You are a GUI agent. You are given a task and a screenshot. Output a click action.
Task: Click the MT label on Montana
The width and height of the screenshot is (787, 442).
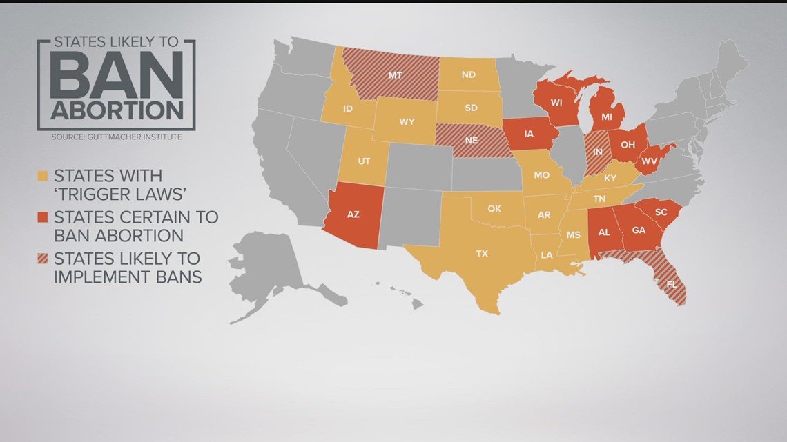point(395,74)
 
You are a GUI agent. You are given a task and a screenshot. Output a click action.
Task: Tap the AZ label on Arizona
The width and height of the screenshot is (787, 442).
point(353,214)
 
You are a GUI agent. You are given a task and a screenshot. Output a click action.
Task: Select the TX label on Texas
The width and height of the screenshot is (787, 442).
point(482,254)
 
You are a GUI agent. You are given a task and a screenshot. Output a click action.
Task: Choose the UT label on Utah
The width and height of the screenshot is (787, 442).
point(364,161)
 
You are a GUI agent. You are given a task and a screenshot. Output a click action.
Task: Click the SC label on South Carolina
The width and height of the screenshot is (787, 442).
point(661,212)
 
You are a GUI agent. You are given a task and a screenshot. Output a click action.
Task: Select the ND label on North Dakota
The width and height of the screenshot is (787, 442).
point(469,74)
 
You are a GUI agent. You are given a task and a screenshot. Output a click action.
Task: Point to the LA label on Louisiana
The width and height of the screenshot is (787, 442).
point(547,255)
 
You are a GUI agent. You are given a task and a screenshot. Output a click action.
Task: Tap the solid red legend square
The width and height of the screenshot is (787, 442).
point(42,217)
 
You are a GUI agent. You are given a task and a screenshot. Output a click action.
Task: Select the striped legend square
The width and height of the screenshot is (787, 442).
point(42,259)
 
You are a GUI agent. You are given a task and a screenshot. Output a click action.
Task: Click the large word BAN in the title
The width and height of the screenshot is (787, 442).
point(117,75)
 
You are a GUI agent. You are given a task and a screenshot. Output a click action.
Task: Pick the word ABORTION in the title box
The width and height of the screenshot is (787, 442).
point(116,110)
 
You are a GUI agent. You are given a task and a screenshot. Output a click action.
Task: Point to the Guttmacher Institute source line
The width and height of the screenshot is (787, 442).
point(116,137)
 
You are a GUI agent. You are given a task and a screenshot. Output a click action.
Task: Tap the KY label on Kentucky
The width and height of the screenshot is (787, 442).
point(610,178)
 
